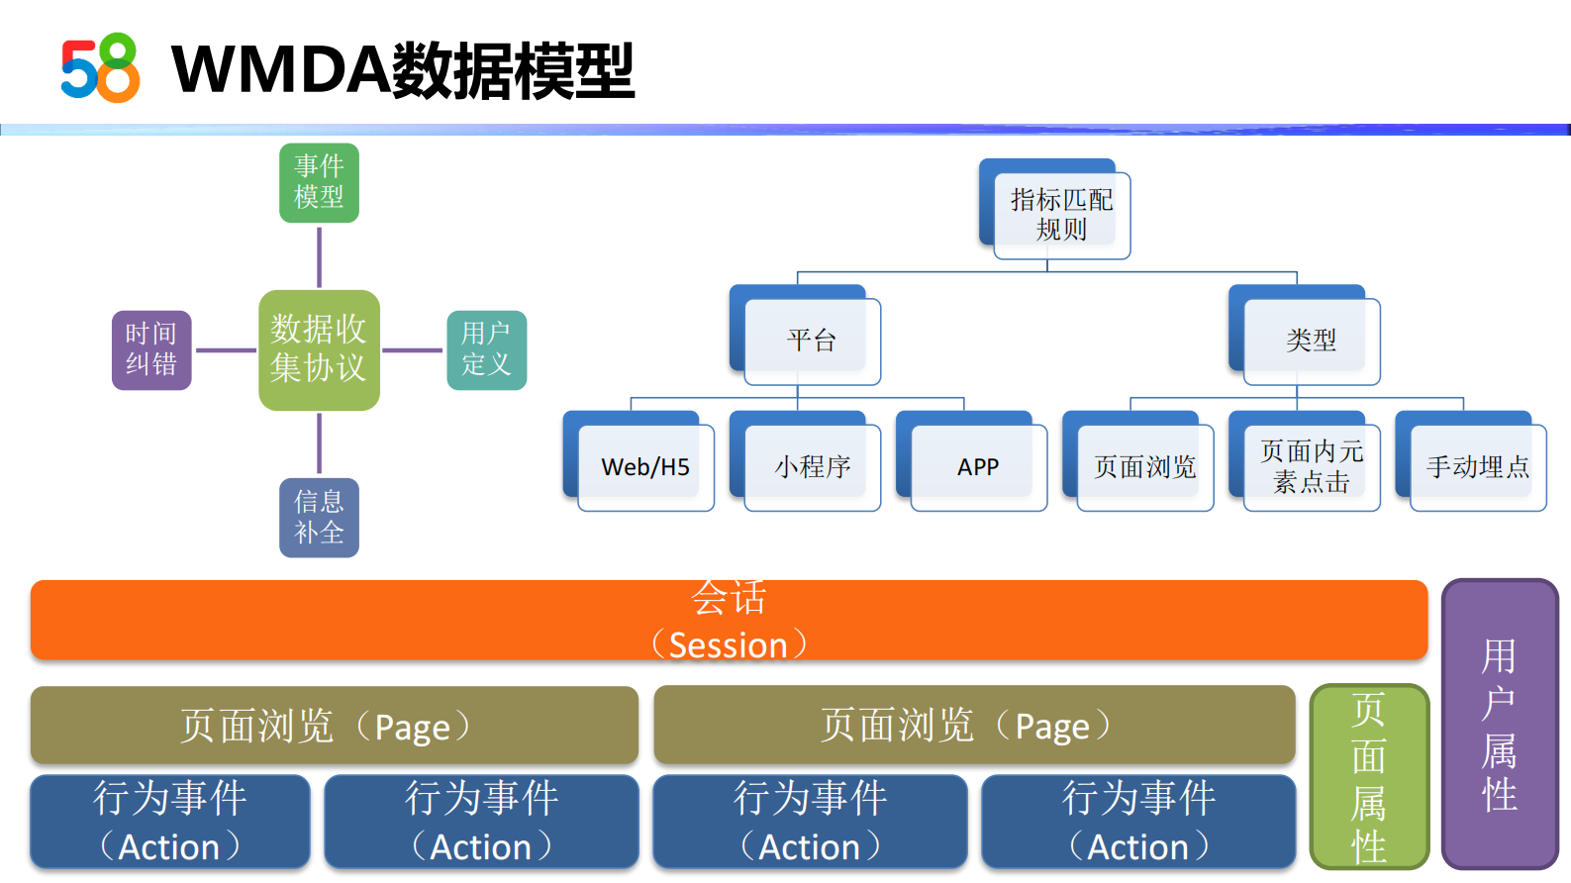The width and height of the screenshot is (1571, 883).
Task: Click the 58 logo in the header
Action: coord(100,68)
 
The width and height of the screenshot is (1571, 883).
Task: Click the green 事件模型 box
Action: coord(319,183)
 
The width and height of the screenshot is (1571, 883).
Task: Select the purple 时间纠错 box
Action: coord(151,349)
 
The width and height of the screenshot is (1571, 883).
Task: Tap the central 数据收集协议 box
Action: coord(319,349)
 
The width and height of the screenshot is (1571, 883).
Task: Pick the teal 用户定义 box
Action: coord(486,349)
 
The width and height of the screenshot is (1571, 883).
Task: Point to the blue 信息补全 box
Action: coord(319,518)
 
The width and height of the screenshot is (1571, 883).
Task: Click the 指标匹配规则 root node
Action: coord(1061,215)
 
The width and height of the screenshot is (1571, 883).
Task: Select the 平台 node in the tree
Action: coord(812,341)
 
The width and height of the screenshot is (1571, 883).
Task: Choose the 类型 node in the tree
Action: coord(1311,341)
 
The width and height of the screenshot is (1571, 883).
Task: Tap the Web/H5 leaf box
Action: coord(645,466)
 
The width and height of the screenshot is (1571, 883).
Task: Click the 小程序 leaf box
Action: coord(812,466)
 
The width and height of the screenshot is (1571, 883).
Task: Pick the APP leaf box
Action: coord(978,466)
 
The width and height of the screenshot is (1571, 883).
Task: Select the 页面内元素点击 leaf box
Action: coord(1311,466)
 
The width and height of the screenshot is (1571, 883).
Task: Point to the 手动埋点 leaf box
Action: coord(1477,466)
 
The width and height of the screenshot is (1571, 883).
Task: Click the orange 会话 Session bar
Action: coord(729,621)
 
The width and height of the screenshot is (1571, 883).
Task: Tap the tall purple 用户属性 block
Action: coord(1499,724)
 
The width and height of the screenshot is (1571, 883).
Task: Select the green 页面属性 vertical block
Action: coord(1369,777)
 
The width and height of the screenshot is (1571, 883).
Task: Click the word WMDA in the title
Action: coord(281,70)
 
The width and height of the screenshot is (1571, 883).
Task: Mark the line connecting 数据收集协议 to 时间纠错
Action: coord(225,350)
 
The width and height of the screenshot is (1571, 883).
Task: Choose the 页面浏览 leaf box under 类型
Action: coord(1144,466)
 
